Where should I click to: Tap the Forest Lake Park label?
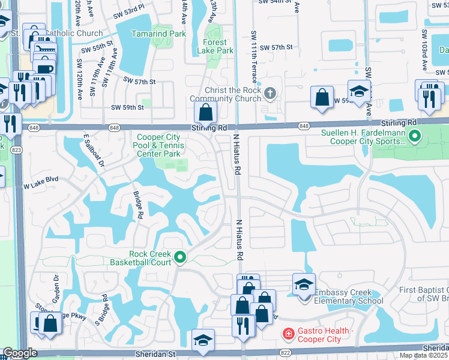215,47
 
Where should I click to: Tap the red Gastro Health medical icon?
288,332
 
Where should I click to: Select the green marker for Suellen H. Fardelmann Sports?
415,137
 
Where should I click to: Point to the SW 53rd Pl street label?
126,12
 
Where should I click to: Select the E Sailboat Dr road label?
94,150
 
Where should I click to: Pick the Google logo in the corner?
19,353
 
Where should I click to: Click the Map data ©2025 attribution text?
423,355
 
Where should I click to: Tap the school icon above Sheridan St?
203,340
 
